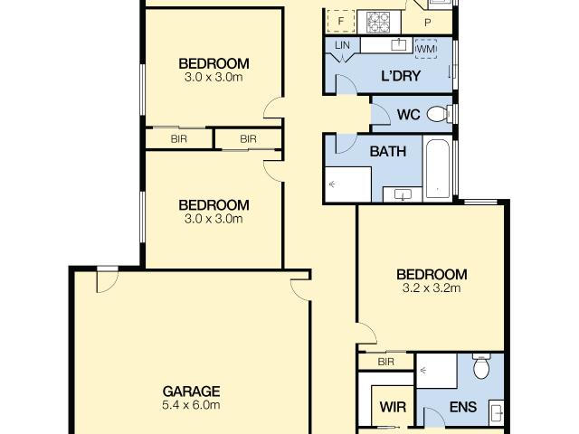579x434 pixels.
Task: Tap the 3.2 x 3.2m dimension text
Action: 432,288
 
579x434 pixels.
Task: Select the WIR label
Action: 391,407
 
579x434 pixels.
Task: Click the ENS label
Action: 462,407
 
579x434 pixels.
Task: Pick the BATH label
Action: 387,152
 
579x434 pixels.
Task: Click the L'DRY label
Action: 400,76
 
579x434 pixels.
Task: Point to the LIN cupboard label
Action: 341,45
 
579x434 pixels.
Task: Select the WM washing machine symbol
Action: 425,47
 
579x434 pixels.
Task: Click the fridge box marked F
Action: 341,20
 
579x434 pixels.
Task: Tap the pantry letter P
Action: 426,20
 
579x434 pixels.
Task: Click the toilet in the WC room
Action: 437,115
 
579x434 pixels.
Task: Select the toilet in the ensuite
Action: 480,368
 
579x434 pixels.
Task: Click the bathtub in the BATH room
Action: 437,169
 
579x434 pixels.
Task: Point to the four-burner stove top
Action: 376,18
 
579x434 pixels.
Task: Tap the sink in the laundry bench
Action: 399,43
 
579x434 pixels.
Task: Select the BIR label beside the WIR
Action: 386,362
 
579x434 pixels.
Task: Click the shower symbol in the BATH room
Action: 347,184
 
